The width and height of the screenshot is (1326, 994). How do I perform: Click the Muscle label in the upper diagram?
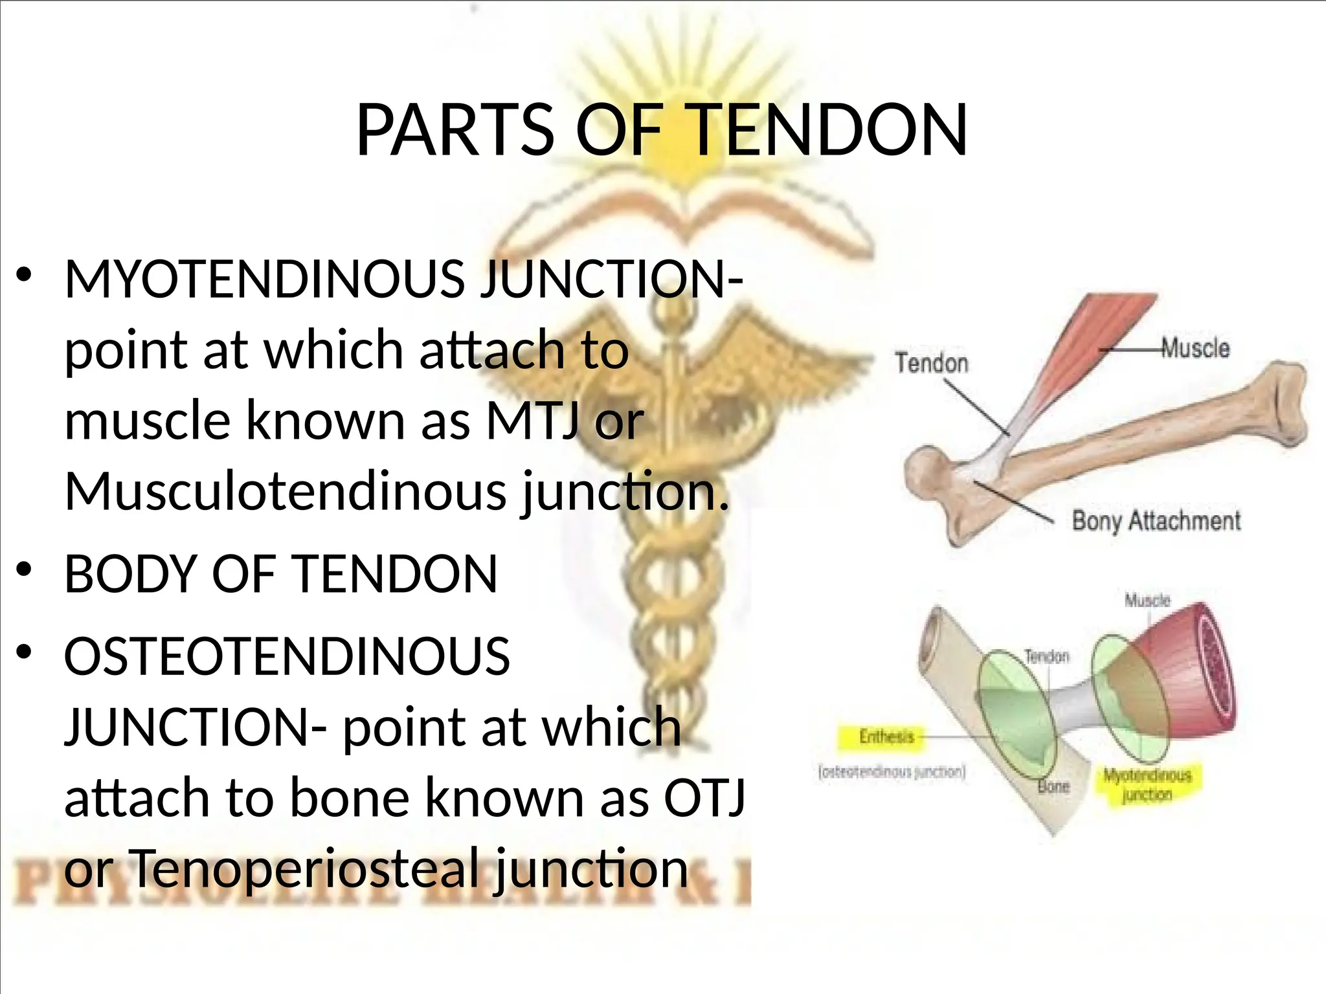[1195, 348]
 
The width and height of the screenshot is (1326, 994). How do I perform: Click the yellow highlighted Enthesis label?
[886, 736]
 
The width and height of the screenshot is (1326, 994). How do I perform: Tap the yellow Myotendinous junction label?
[1147, 784]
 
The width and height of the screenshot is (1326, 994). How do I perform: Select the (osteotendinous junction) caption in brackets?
[892, 772]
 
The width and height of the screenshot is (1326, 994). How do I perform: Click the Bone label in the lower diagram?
[1054, 787]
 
